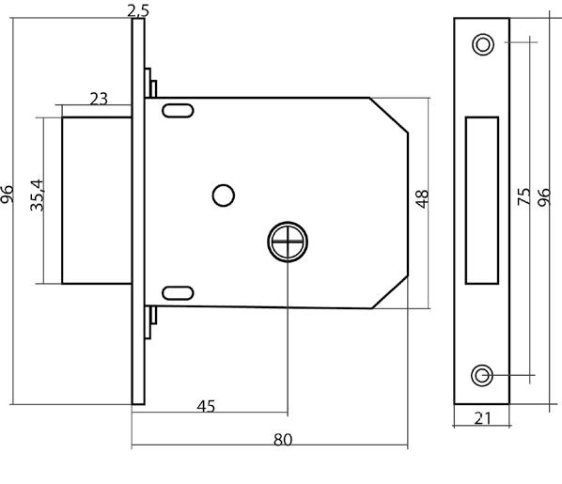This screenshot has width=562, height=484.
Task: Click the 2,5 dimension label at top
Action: (x=138, y=10)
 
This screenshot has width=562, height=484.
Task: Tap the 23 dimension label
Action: (x=99, y=99)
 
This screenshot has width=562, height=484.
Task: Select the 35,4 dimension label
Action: (x=38, y=195)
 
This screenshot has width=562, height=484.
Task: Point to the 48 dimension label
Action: (x=422, y=199)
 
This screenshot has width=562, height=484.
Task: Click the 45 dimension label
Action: (x=206, y=407)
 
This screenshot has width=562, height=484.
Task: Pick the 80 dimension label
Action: (x=283, y=440)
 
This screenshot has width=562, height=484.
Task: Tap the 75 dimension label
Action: (x=524, y=196)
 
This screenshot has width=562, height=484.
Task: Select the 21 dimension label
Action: (x=482, y=418)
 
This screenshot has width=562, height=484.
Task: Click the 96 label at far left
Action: (x=7, y=195)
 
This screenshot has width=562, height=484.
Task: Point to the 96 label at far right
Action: (x=544, y=197)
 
